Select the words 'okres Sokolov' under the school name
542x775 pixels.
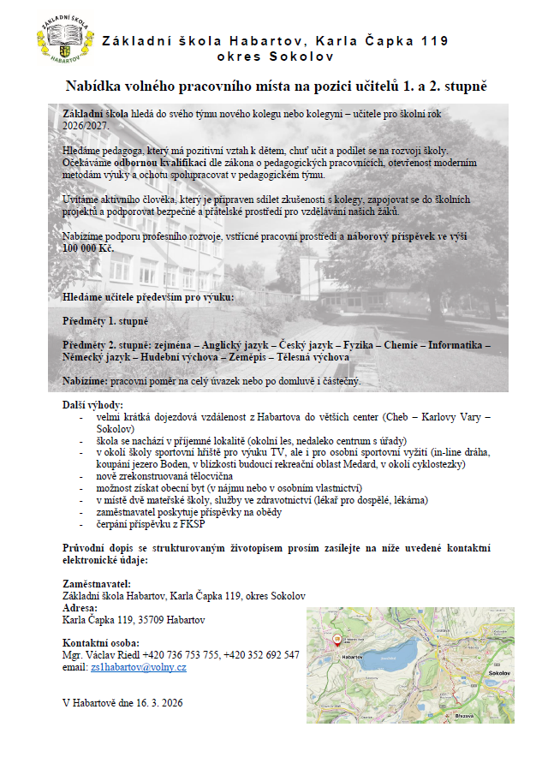click(x=276, y=57)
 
